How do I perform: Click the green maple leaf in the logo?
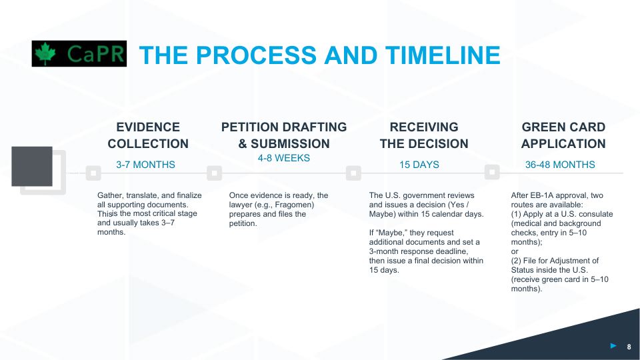click(45, 53)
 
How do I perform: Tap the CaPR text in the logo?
click(95, 54)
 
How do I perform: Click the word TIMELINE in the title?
click(443, 55)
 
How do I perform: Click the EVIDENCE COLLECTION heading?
click(148, 135)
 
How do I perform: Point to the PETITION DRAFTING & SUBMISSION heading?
click(284, 135)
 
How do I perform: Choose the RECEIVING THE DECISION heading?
click(424, 135)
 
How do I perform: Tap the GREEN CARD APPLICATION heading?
click(563, 135)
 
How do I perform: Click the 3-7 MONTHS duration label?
click(145, 165)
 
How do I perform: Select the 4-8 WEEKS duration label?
click(284, 158)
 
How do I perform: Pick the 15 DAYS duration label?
click(419, 165)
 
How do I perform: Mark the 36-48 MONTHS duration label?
click(560, 165)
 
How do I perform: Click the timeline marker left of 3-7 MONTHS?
click(93, 173)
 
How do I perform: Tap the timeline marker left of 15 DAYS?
click(353, 173)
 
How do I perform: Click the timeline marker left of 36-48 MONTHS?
click(492, 172)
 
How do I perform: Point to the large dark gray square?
click(32, 167)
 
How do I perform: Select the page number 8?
click(629, 347)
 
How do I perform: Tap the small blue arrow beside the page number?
click(613, 346)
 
